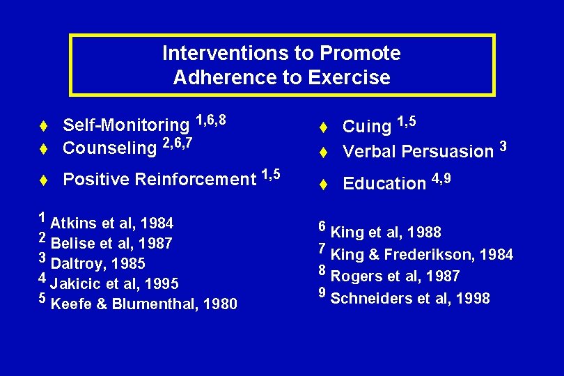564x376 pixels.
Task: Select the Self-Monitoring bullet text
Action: pyautogui.click(x=126, y=125)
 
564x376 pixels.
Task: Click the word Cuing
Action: pyautogui.click(x=367, y=127)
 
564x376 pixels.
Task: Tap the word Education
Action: pyautogui.click(x=384, y=184)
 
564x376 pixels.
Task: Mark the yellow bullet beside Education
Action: pyautogui.click(x=323, y=185)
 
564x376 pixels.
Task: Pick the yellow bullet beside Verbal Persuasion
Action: pyautogui.click(x=323, y=152)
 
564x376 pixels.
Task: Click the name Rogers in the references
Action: pyautogui.click(x=354, y=276)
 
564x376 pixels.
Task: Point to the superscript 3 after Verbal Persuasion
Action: pyautogui.click(x=503, y=146)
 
